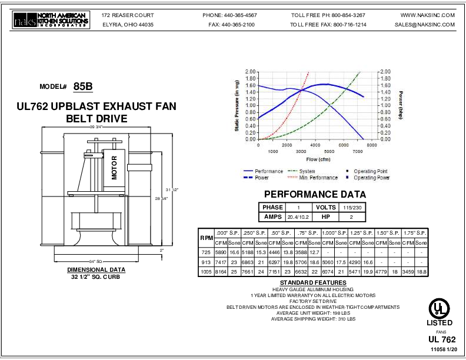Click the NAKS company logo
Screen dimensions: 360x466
[x=51, y=19]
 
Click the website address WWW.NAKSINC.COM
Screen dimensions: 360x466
[x=428, y=15]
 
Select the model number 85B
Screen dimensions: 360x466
[x=83, y=86]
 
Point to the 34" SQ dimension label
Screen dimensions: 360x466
[x=96, y=261]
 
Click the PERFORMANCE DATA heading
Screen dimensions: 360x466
[x=315, y=194]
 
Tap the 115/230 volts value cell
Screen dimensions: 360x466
[x=352, y=207]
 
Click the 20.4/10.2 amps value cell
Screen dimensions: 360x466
[x=298, y=216]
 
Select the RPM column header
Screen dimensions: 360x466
[x=207, y=238]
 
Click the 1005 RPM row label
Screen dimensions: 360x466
[x=207, y=272]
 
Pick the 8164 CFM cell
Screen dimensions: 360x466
[x=221, y=272]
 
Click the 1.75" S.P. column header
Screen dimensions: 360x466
[x=415, y=233]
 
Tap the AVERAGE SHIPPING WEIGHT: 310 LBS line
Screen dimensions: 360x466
[x=314, y=319]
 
